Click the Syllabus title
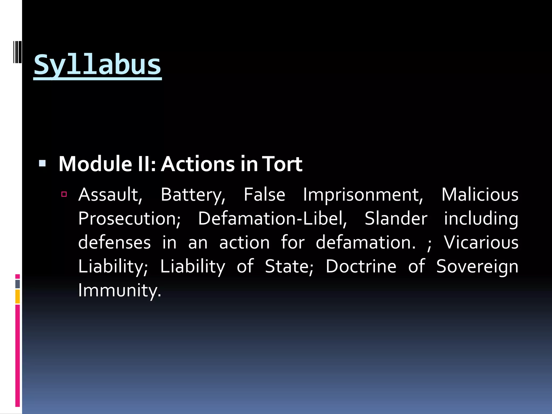coord(97,65)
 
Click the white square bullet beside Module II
coord(42,163)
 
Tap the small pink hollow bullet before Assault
coord(64,194)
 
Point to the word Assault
coord(110,195)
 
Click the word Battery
coord(193,195)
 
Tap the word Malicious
coord(480,195)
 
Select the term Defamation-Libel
coord(272,219)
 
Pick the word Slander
coord(396,219)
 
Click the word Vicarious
coord(481,242)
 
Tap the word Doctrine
coord(361,266)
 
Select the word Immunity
coord(119,291)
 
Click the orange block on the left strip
coord(18,296)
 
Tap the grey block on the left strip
coord(18,284)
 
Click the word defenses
coord(114,242)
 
